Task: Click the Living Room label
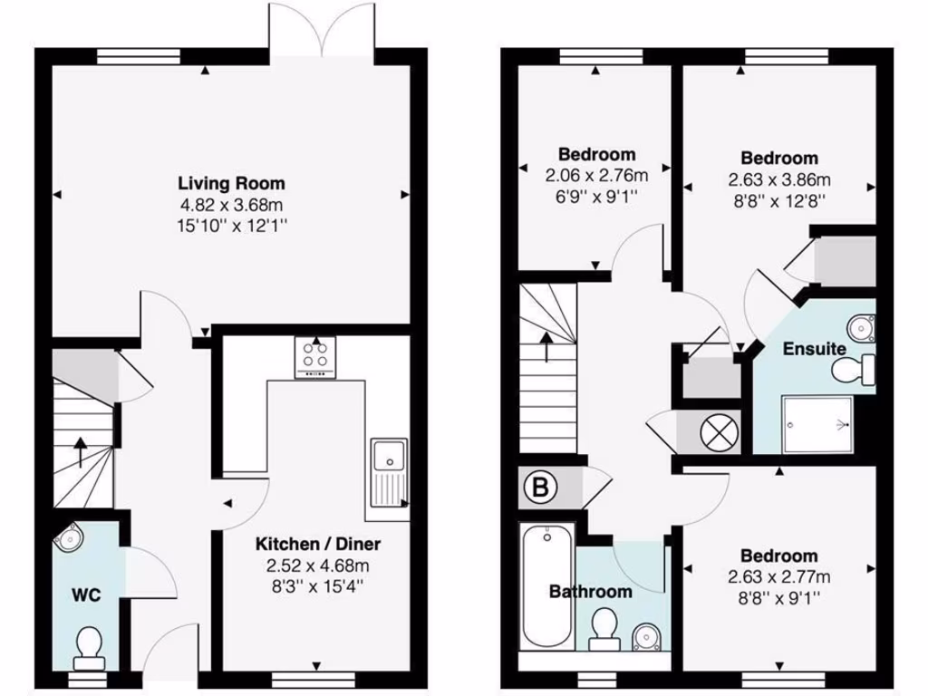231,183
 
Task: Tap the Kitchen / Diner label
317,545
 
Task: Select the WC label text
86,595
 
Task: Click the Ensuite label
815,349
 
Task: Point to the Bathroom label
590,592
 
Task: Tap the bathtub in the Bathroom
546,585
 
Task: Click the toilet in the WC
89,646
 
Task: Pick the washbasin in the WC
69,538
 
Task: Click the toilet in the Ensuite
852,369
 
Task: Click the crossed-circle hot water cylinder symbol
720,430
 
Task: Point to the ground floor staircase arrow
81,450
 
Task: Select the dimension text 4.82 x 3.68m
231,205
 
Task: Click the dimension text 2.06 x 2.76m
596,175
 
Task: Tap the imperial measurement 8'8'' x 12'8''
778,199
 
